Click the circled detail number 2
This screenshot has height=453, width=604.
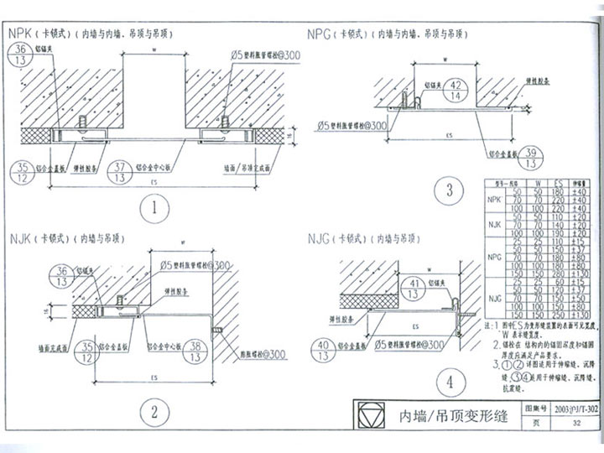pos(154,411)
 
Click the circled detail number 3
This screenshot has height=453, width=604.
pos(450,190)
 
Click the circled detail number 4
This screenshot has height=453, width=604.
pos(450,383)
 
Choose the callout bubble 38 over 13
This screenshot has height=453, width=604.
pos(195,351)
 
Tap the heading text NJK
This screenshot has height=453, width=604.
pos(20,238)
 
